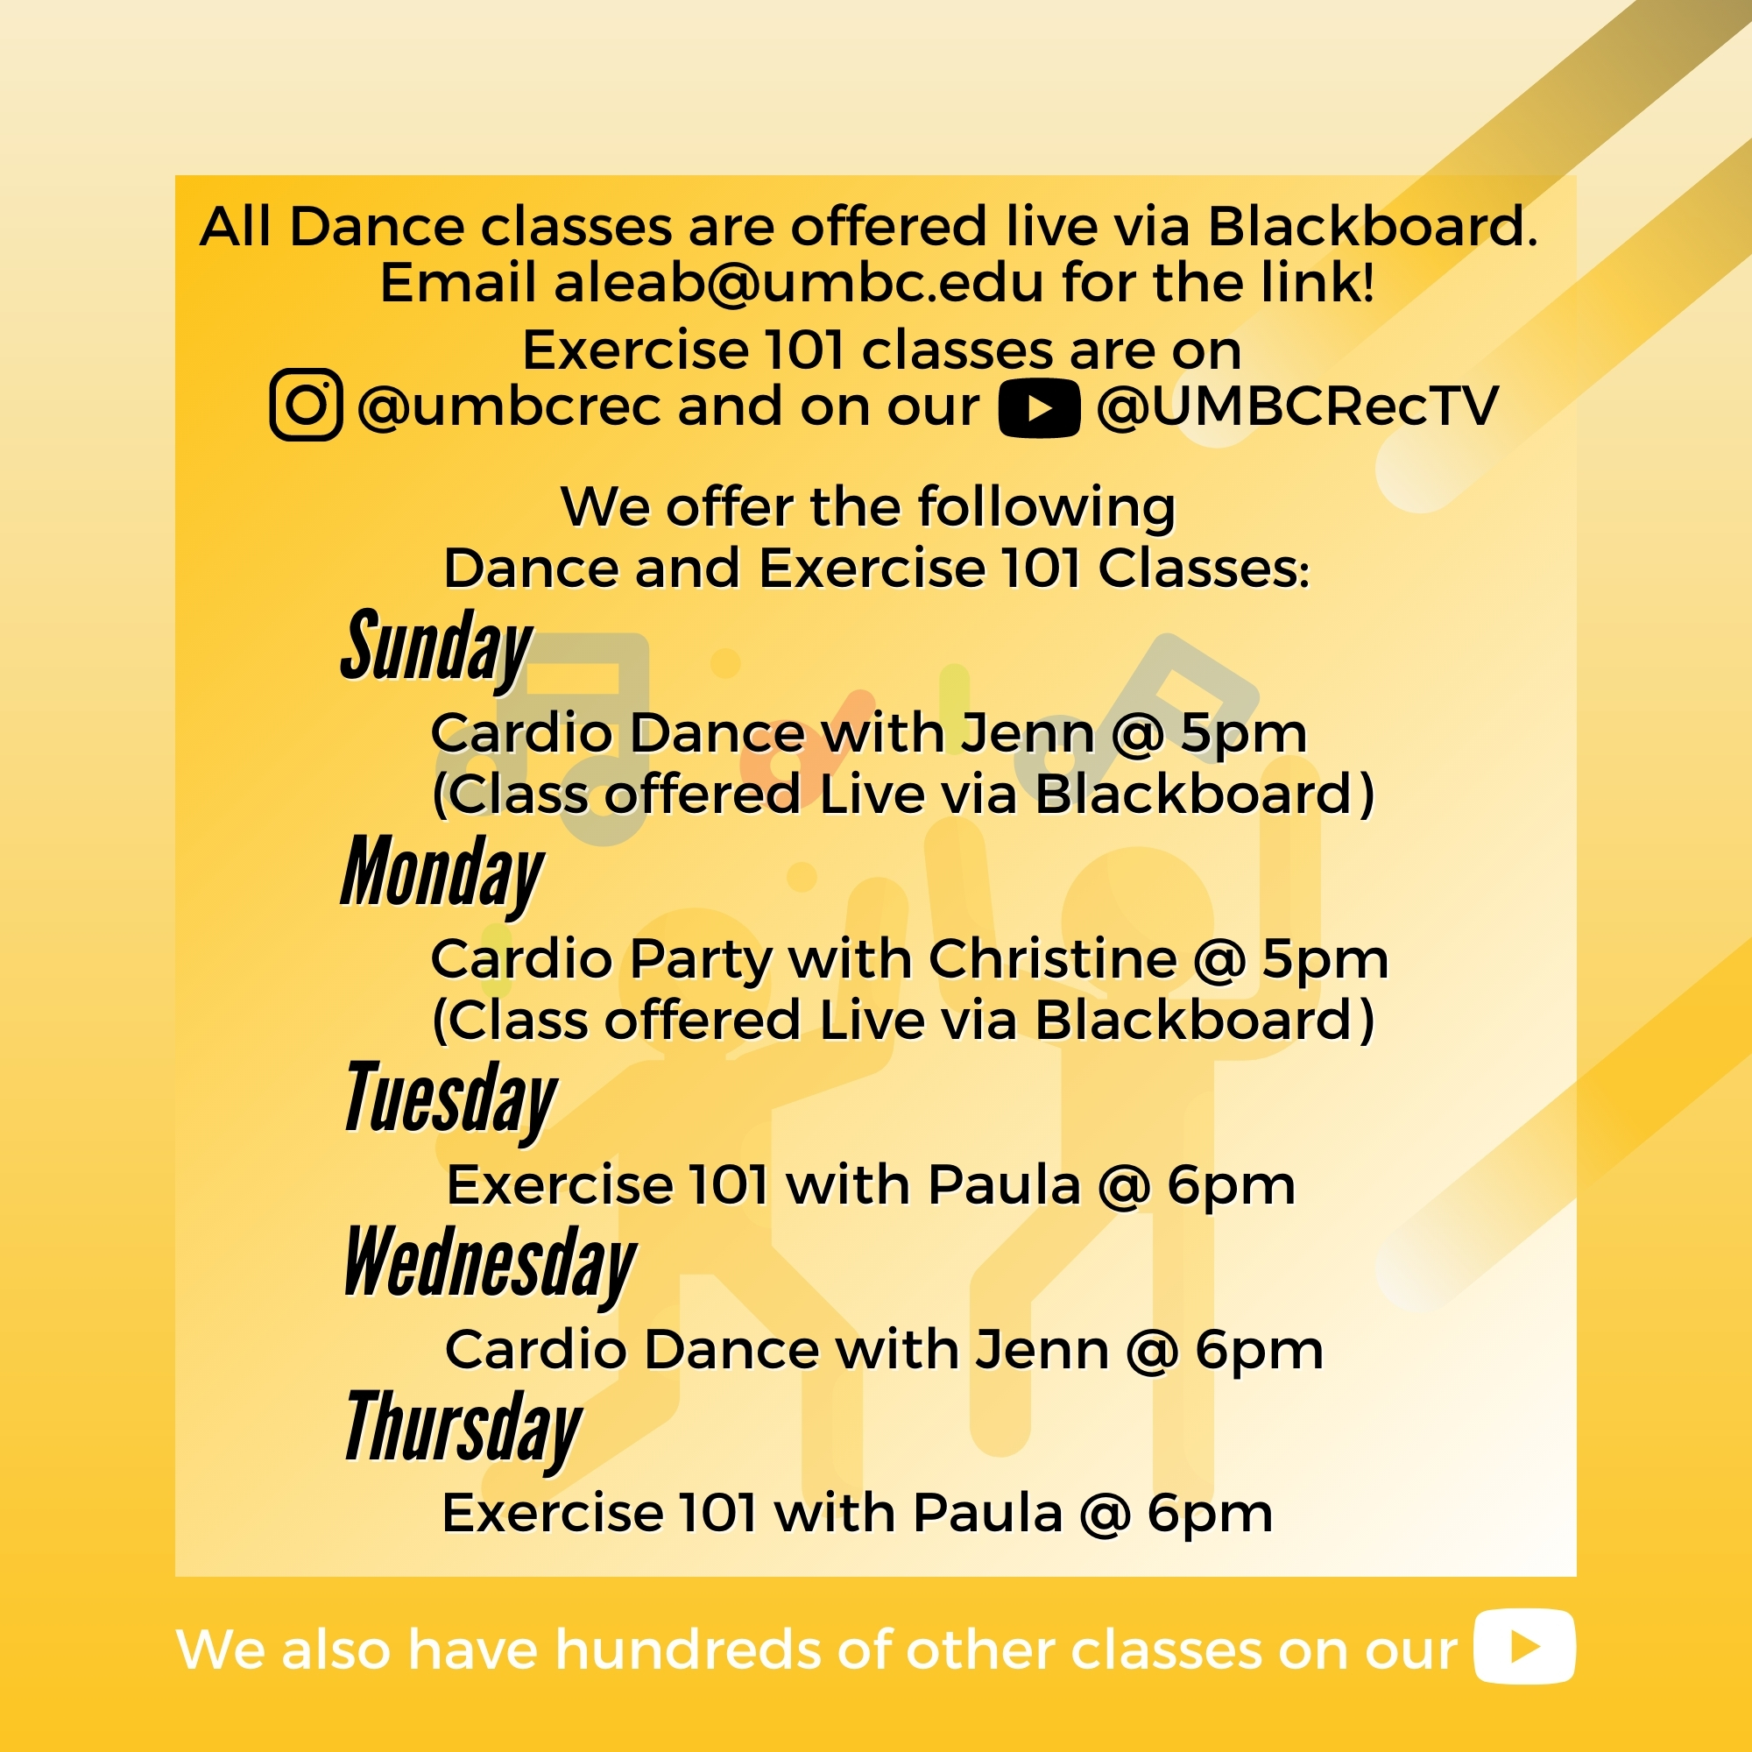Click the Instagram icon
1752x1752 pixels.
tap(306, 405)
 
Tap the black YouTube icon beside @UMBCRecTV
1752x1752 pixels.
tap(1038, 409)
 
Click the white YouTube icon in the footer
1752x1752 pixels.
tap(1524, 1646)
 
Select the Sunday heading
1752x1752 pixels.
tap(436, 647)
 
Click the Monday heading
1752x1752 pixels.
tap(442, 873)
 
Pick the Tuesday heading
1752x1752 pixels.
tap(449, 1099)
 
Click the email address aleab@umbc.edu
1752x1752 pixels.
tap(799, 283)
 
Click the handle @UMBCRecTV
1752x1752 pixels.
tap(1297, 407)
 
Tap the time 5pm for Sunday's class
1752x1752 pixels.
tap(1242, 735)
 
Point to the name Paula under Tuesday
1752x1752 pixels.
tap(1005, 1185)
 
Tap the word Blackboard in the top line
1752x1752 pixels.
tap(1372, 227)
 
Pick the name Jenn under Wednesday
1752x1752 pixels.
tap(1042, 1349)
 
